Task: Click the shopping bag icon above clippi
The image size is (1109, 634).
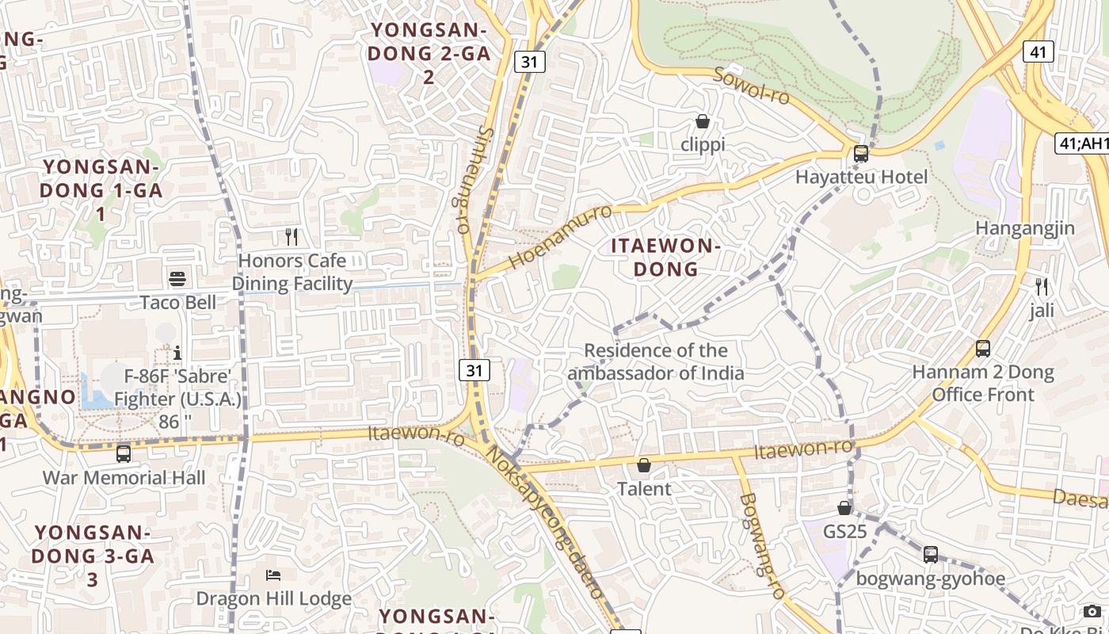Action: (x=702, y=121)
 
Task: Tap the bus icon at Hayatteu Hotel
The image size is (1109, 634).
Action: (x=861, y=154)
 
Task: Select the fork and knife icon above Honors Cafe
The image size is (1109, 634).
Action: (x=292, y=236)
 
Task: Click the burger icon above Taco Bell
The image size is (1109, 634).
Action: (x=177, y=278)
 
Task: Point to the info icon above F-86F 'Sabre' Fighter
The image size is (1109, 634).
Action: (x=177, y=352)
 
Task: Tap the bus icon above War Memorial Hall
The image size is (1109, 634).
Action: (x=124, y=453)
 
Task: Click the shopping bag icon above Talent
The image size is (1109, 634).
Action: (x=644, y=464)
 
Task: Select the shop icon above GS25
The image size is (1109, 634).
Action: (x=845, y=507)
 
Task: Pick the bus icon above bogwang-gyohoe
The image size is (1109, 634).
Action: (x=931, y=555)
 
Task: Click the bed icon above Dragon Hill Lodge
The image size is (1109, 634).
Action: (x=273, y=575)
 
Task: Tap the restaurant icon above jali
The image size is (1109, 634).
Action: (x=1042, y=286)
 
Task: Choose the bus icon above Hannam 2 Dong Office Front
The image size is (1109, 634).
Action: (x=983, y=348)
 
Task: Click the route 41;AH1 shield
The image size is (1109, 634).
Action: (x=1083, y=143)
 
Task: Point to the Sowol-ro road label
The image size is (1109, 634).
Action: (x=752, y=86)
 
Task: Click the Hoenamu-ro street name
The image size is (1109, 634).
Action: (x=560, y=236)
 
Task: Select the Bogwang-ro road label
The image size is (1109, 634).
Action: (x=761, y=546)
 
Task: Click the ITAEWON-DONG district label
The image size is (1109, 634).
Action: (x=665, y=258)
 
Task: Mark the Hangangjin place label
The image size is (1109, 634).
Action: (x=1025, y=229)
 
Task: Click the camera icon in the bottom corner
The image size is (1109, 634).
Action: (x=1092, y=611)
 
